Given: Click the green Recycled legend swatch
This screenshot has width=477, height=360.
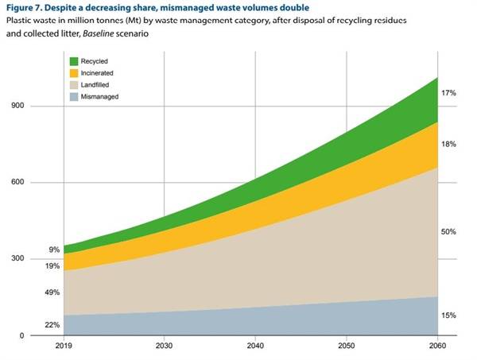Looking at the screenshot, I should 75,61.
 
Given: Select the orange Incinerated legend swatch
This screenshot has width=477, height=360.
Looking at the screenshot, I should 75,75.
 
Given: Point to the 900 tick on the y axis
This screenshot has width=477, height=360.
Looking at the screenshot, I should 17,106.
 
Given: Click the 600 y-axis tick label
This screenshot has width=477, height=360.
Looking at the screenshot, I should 17,183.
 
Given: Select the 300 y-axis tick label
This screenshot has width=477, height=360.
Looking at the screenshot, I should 17,259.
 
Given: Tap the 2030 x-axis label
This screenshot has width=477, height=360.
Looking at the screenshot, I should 165,347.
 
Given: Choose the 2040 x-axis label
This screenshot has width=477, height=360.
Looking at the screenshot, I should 255,347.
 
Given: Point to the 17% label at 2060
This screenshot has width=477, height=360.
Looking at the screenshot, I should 448,94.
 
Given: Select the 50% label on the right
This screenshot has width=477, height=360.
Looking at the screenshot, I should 448,232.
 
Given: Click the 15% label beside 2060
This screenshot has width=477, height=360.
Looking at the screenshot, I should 448,315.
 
